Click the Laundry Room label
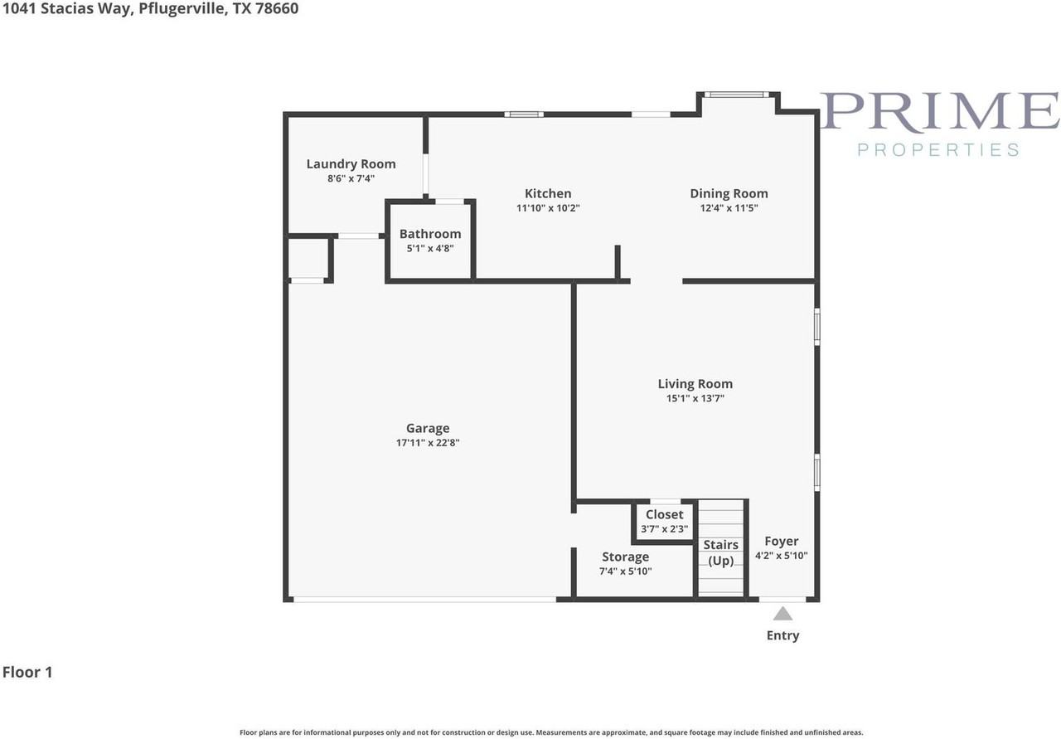point(351,164)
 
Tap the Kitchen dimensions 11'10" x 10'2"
point(548,208)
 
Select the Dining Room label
point(729,193)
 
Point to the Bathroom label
point(430,234)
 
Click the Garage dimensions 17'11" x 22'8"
point(428,443)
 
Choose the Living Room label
point(695,383)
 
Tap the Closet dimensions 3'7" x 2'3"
point(665,529)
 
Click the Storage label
point(625,557)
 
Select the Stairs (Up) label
point(721,552)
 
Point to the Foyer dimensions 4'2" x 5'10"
point(781,556)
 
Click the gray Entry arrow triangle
point(782,615)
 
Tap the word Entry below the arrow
point(782,635)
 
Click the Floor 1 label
point(27,672)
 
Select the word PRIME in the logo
point(940,111)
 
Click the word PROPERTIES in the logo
point(938,150)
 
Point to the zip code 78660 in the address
point(277,8)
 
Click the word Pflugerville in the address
point(182,9)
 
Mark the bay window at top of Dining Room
point(737,95)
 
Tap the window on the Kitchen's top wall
point(524,114)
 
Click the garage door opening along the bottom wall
point(424,600)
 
